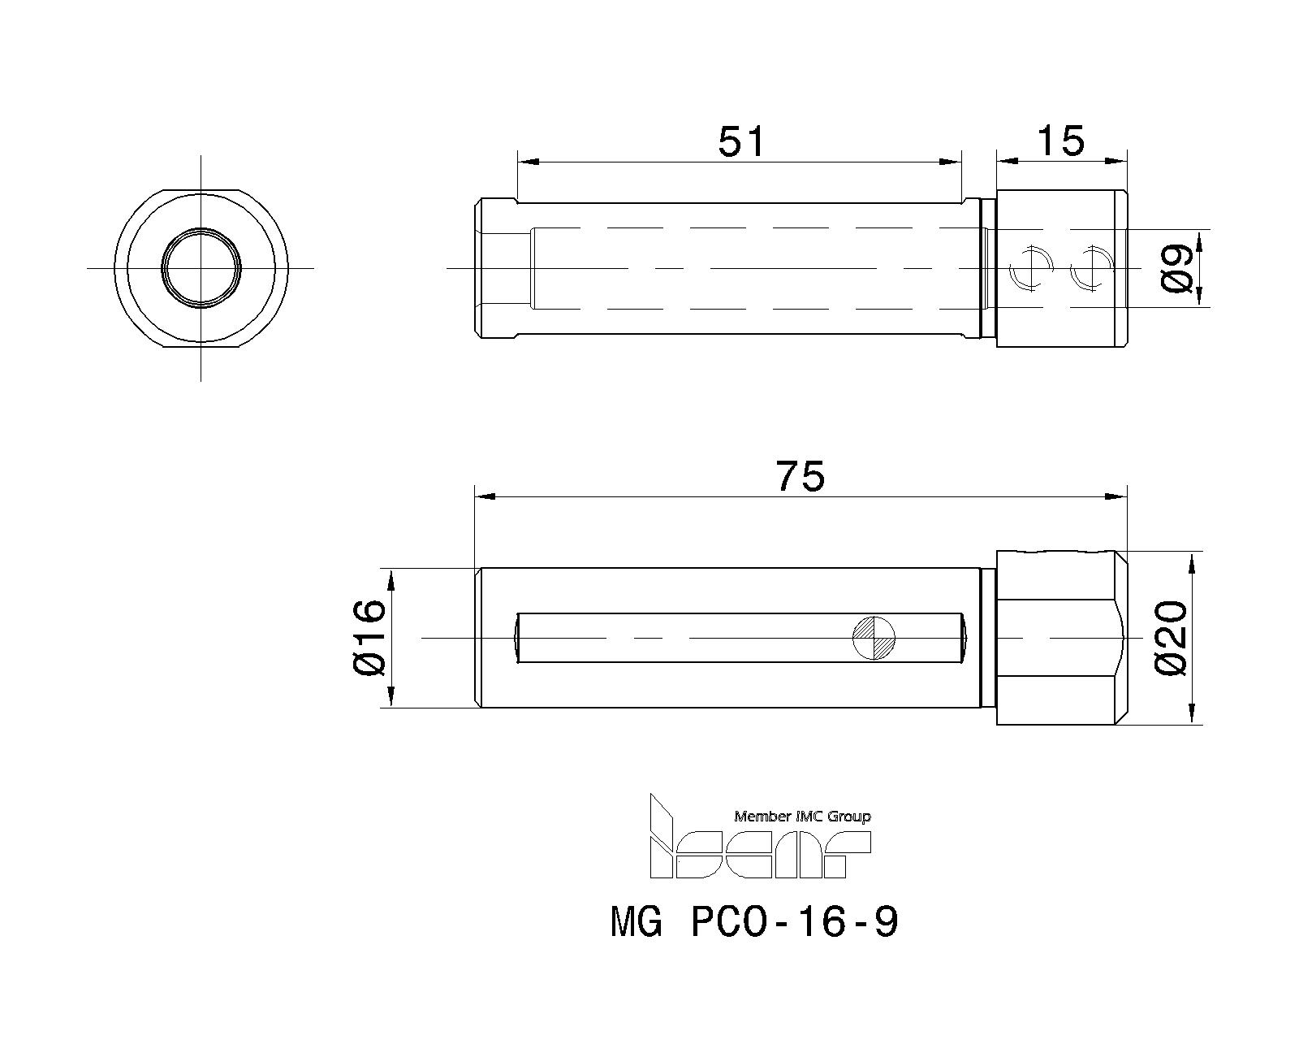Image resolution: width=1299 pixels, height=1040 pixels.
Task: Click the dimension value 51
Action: click(741, 141)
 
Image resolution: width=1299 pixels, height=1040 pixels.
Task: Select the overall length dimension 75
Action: click(800, 476)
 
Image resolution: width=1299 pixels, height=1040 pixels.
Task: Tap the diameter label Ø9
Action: click(1177, 269)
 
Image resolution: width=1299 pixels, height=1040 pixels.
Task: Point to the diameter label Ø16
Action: click(369, 637)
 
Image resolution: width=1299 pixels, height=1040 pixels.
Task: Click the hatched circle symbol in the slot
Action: click(874, 637)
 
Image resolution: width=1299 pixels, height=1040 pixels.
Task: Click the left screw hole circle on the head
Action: click(1029, 268)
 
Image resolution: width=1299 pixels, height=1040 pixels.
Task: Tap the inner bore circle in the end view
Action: click(201, 267)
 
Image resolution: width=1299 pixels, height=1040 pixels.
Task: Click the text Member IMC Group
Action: click(802, 816)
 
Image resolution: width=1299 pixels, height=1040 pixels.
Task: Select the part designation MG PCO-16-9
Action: click(754, 922)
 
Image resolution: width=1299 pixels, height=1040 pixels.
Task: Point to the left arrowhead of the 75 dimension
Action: click(484, 496)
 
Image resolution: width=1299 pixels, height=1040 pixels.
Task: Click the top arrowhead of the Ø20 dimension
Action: click(1191, 561)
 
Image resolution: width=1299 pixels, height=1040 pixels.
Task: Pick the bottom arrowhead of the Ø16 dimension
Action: click(391, 698)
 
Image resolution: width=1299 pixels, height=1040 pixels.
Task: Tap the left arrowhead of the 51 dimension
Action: click(526, 161)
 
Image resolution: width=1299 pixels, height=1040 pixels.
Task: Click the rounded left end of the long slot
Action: click(518, 637)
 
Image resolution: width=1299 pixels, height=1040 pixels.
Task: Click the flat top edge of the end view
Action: click(201, 190)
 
